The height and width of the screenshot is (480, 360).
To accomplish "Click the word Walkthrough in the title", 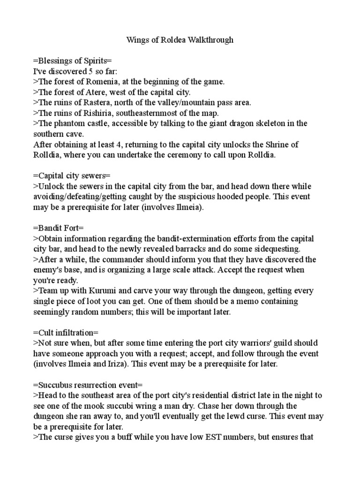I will pyautogui.click(x=209, y=40).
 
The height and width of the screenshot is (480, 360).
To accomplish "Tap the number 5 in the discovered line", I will pyautogui.click(x=95, y=71).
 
